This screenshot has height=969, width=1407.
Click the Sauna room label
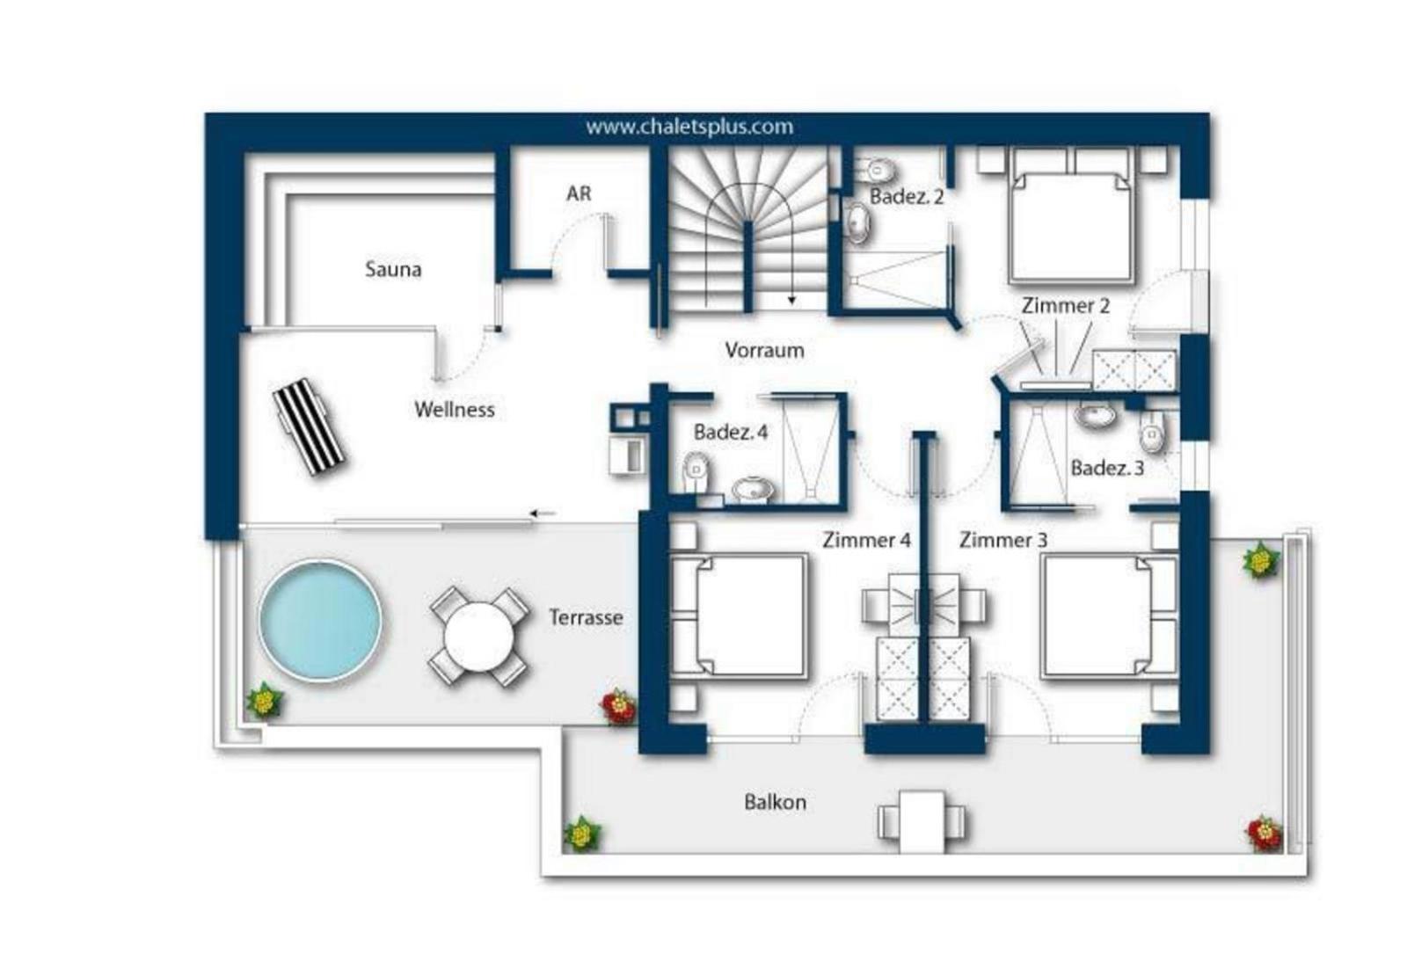(x=393, y=269)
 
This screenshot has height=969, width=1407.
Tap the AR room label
(x=579, y=193)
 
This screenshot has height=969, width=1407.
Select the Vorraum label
(x=764, y=350)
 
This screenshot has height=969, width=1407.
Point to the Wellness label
(x=454, y=410)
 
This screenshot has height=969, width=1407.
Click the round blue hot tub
(x=320, y=620)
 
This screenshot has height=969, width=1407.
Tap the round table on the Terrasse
(x=478, y=636)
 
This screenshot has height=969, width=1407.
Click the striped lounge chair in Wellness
(x=309, y=426)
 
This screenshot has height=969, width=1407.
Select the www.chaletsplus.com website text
(x=689, y=127)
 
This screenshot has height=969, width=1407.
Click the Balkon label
(x=775, y=802)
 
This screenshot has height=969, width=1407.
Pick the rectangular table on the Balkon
(x=922, y=821)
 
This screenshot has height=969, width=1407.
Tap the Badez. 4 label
(x=731, y=432)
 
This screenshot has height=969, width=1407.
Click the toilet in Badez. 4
(x=696, y=471)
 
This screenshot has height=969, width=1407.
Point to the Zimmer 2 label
(x=1065, y=306)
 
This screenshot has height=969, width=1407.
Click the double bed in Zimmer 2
(x=1072, y=215)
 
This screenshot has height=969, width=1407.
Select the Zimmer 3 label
(x=1003, y=540)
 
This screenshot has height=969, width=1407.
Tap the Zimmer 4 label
(x=866, y=540)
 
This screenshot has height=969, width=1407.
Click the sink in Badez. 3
(x=1095, y=415)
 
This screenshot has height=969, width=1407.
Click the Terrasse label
(x=586, y=617)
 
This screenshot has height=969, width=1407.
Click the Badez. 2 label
(x=907, y=197)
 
